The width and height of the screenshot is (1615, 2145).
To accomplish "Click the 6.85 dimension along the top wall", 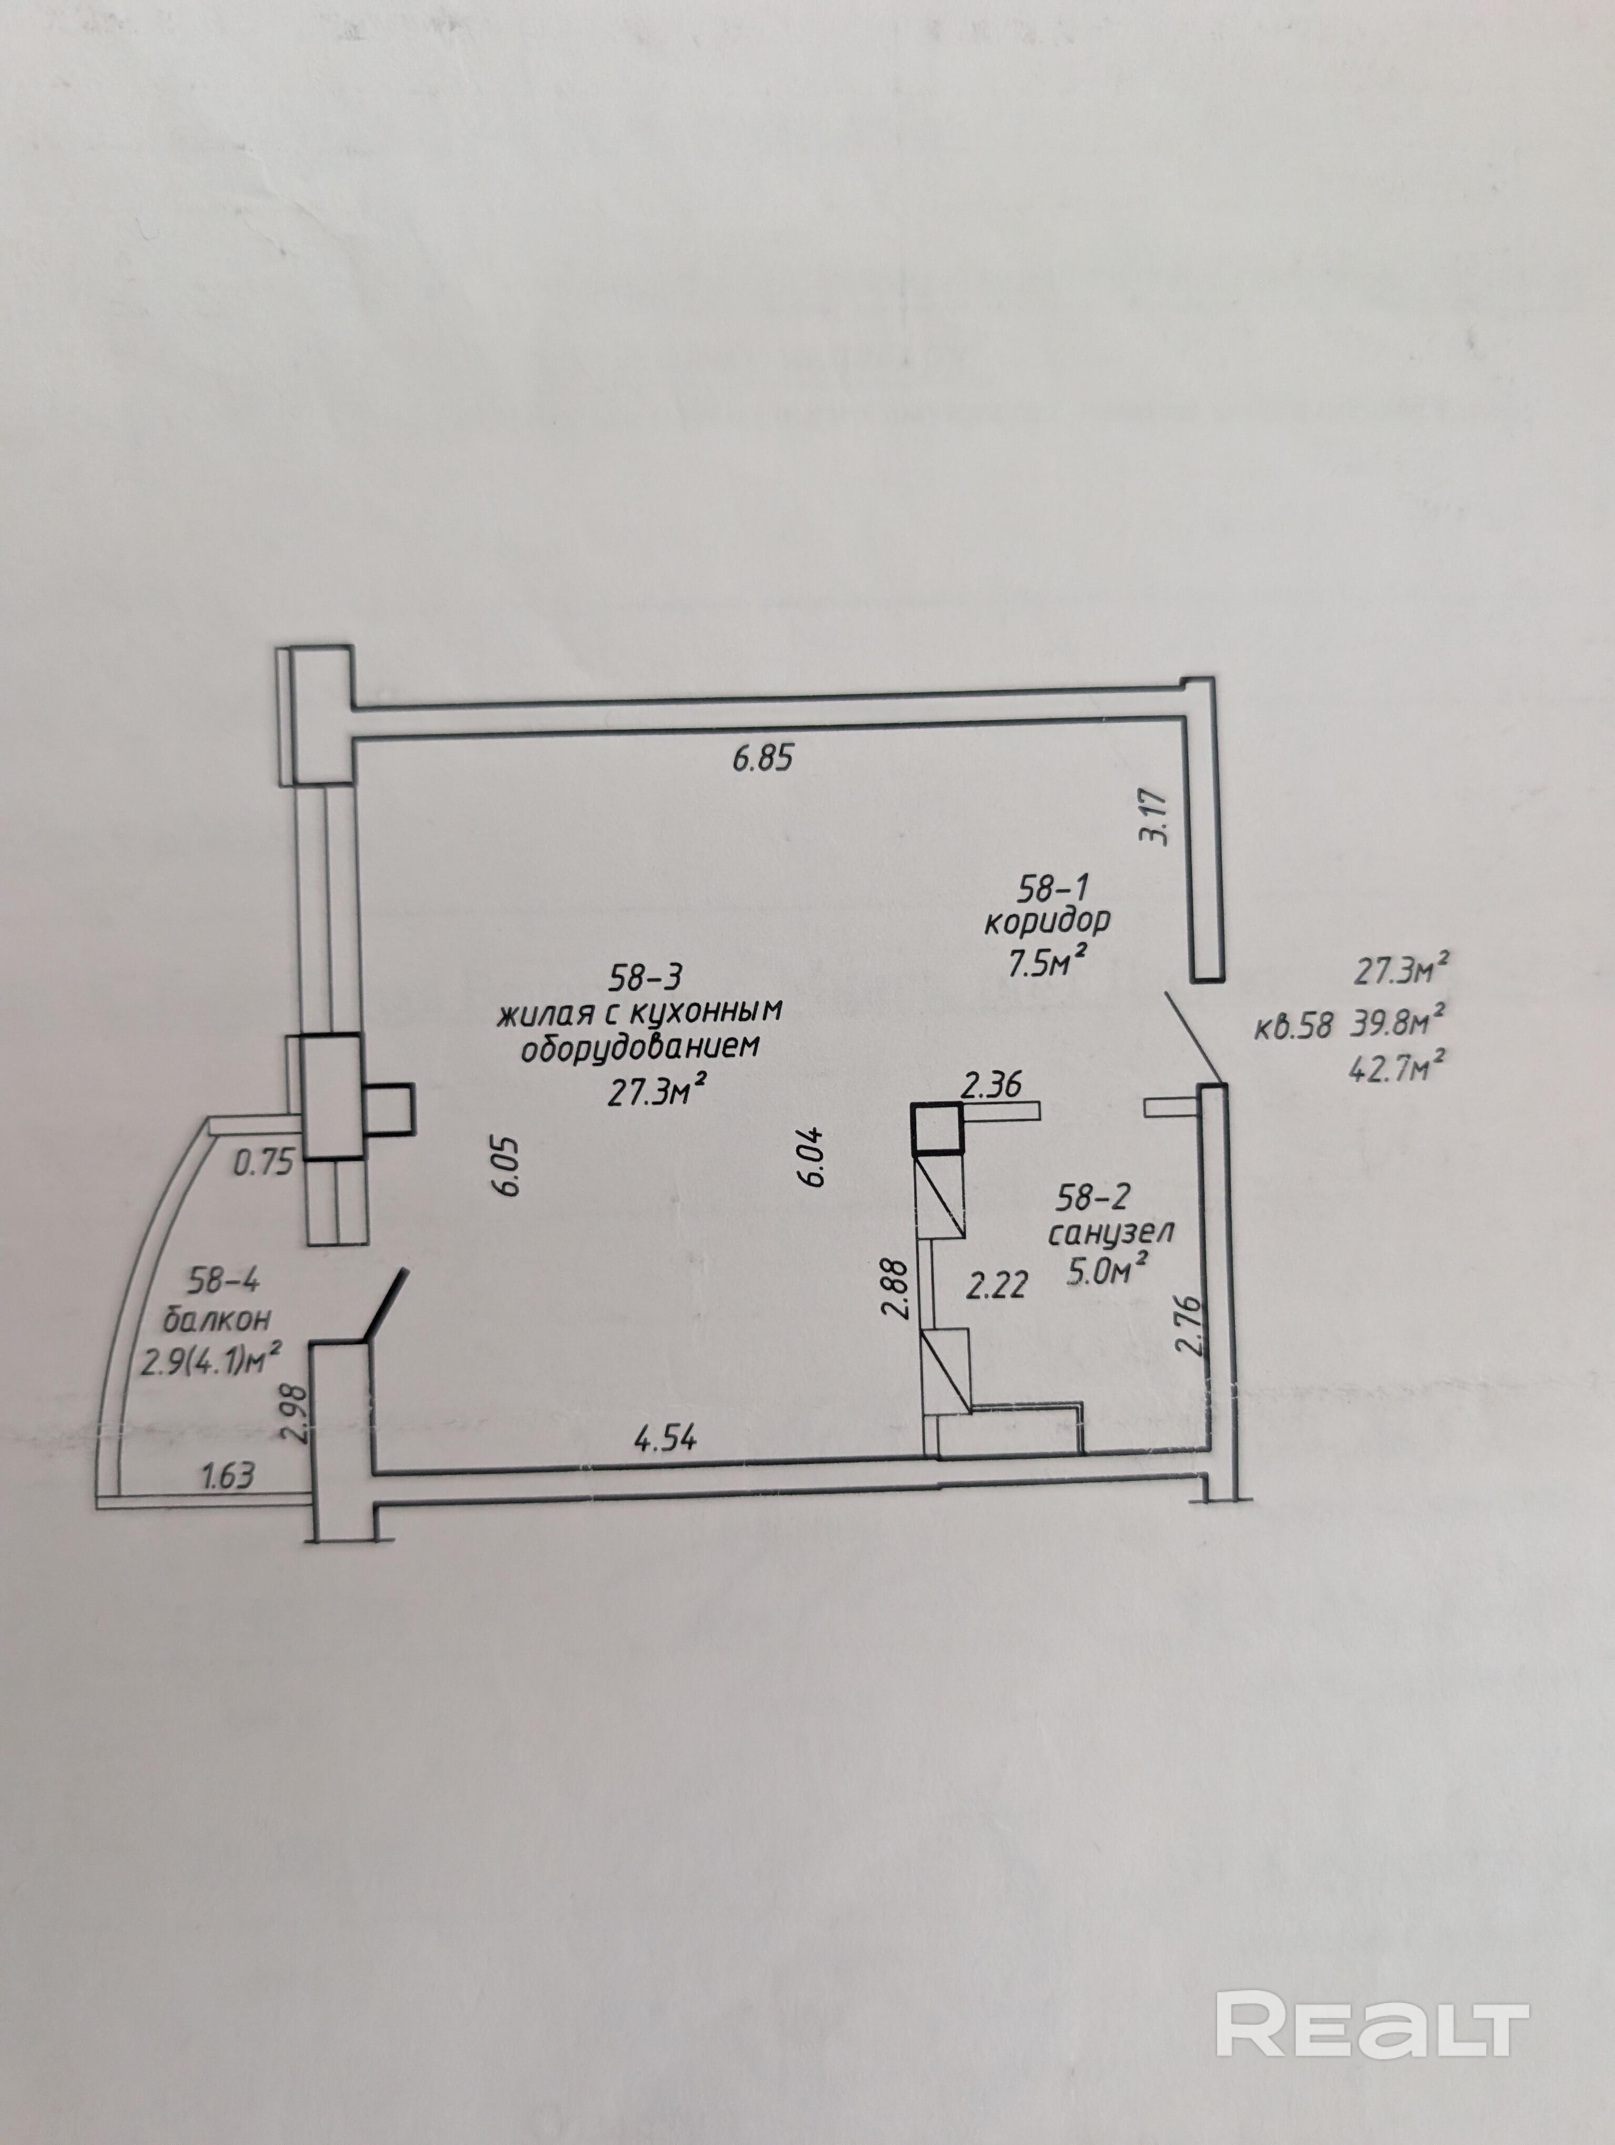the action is tap(763, 758).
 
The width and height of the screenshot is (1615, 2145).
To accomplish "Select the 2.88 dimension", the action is tap(897, 1287).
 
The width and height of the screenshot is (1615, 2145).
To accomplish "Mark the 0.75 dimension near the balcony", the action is tap(264, 1162).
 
